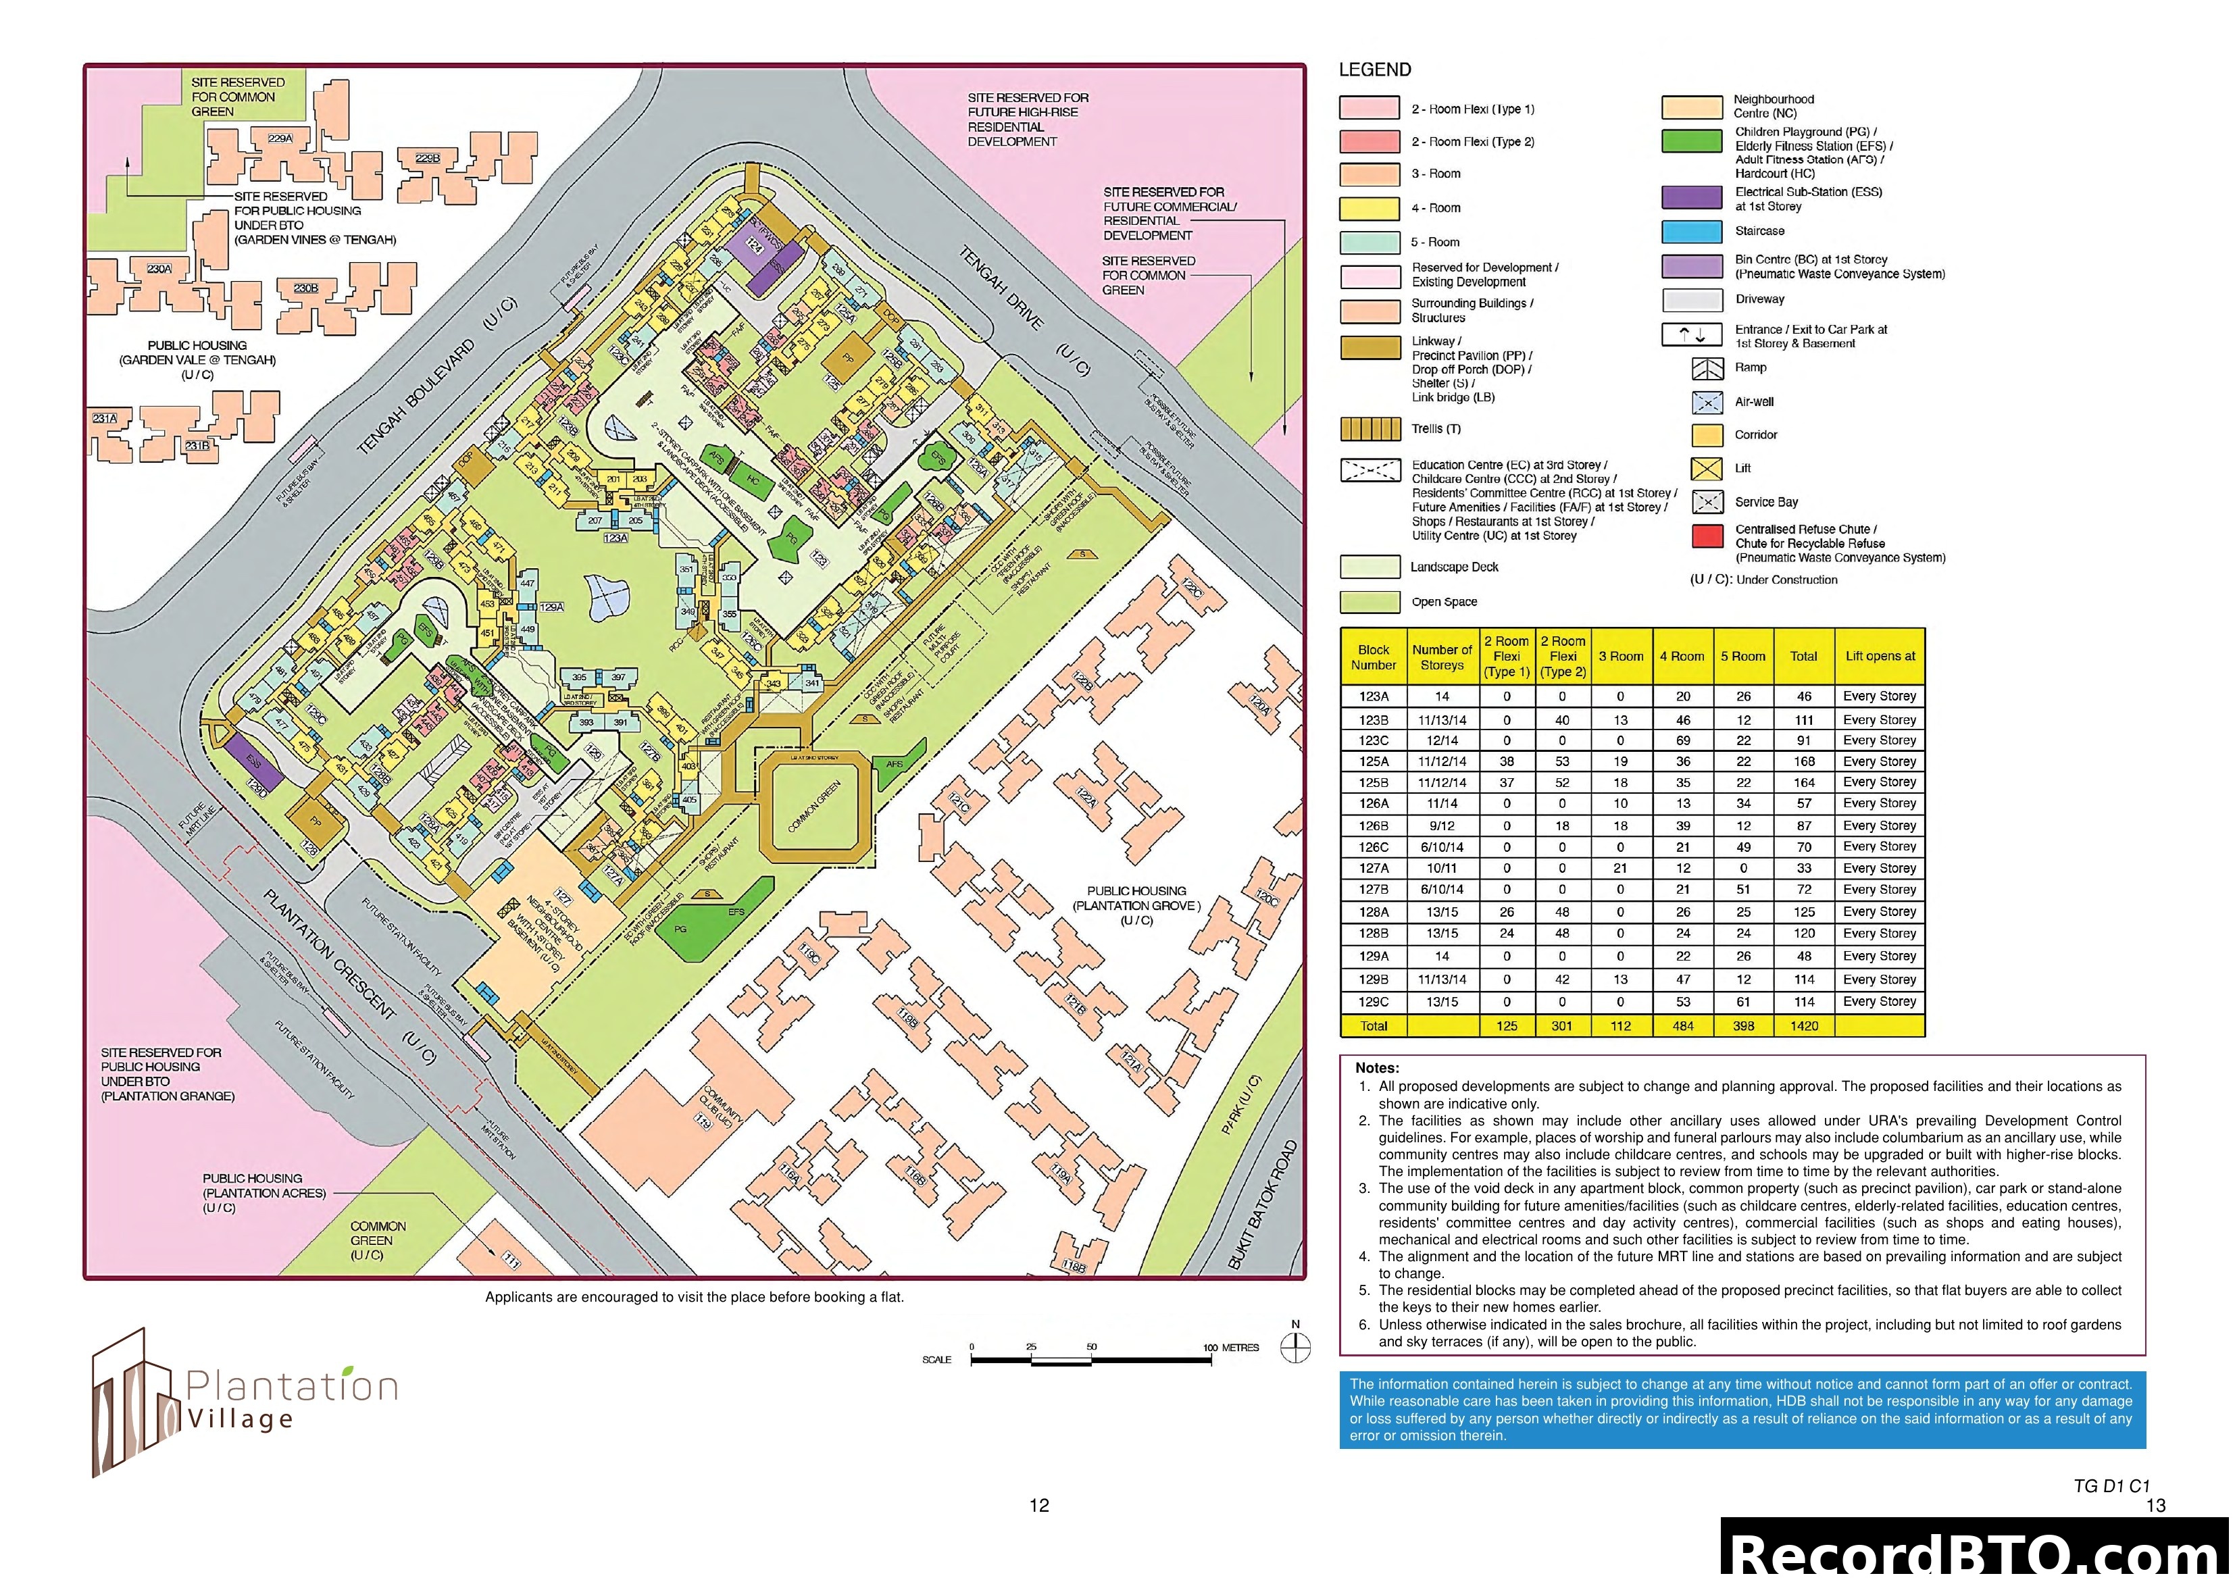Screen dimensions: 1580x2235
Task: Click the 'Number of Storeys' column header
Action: point(1442,657)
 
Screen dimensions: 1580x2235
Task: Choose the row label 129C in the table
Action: point(1374,1002)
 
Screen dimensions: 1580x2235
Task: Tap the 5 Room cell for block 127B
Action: point(1742,890)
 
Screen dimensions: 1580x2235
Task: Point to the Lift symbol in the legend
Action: point(1707,469)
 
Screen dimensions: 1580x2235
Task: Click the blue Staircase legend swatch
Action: point(1691,232)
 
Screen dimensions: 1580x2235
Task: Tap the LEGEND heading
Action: point(1374,70)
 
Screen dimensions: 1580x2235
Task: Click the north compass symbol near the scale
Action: point(1296,1348)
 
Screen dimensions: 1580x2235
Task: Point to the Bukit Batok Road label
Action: point(1263,1205)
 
